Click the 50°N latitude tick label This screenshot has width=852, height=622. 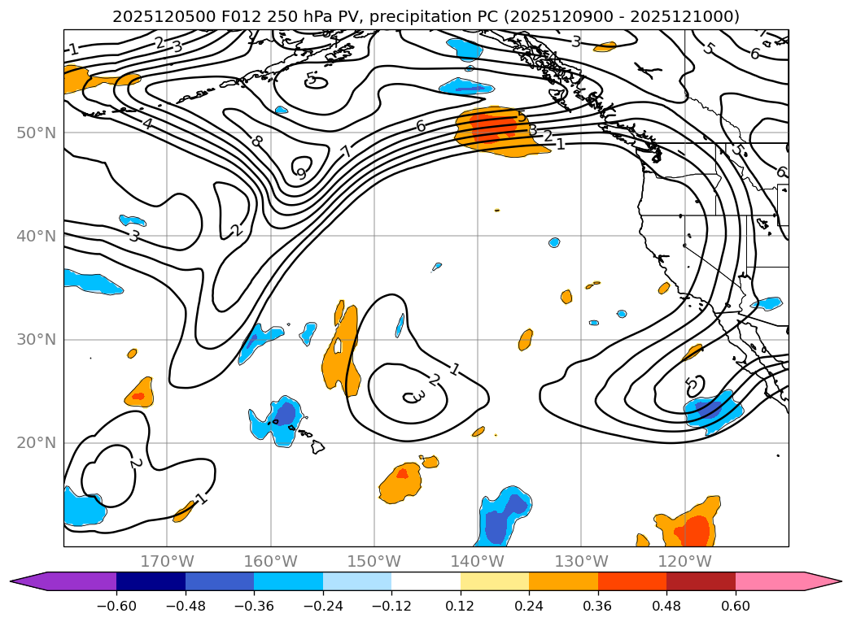tap(36, 133)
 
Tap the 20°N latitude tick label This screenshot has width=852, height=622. tap(36, 443)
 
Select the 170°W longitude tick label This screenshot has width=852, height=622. tap(168, 561)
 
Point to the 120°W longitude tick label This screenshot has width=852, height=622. tap(684, 561)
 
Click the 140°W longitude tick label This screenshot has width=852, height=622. tap(478, 561)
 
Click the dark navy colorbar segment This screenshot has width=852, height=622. tap(151, 581)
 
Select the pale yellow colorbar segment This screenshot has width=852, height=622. tap(495, 581)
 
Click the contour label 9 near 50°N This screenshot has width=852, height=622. tap(301, 173)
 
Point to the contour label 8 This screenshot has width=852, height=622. tap(257, 141)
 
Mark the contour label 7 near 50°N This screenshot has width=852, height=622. tap(347, 151)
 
